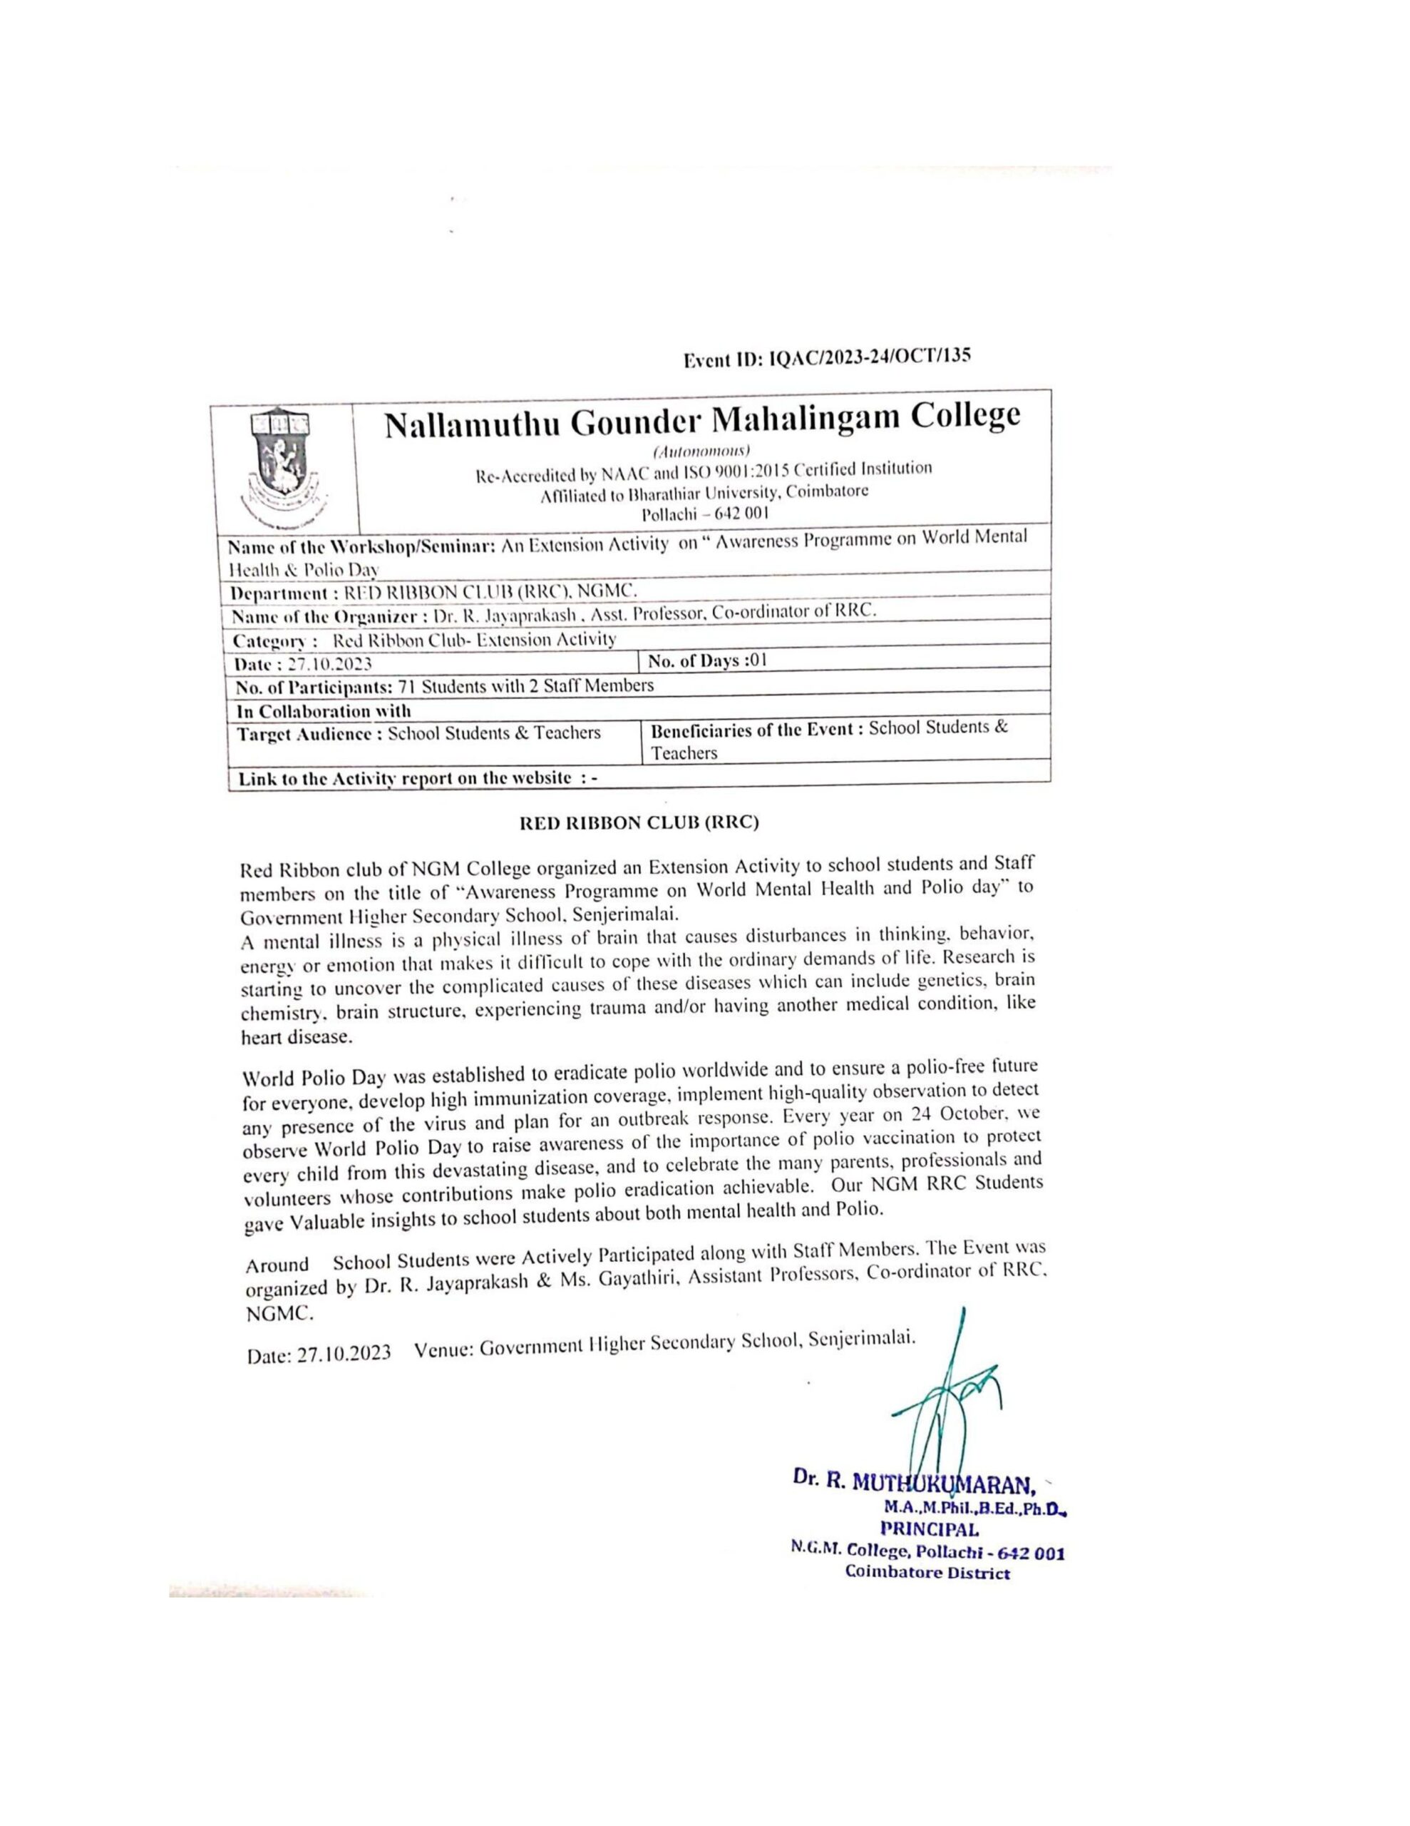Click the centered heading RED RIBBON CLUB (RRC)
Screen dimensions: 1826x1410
click(639, 822)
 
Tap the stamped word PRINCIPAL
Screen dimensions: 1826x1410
click(930, 1530)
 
